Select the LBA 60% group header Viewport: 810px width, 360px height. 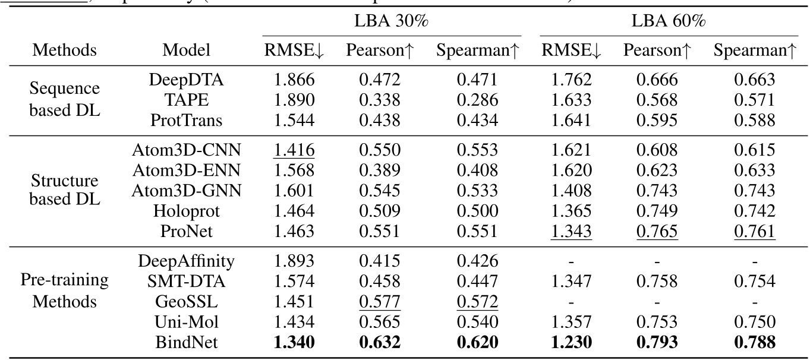click(668, 23)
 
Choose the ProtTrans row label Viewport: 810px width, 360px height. click(187, 121)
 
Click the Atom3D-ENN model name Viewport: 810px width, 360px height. click(187, 170)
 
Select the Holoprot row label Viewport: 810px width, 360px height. click(187, 210)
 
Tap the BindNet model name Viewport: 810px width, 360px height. click(187, 343)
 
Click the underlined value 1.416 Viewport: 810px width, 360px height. click(294, 150)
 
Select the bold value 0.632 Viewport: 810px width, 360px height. click(379, 343)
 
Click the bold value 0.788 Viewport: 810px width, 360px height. click(754, 343)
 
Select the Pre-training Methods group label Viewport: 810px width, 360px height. click(65, 291)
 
